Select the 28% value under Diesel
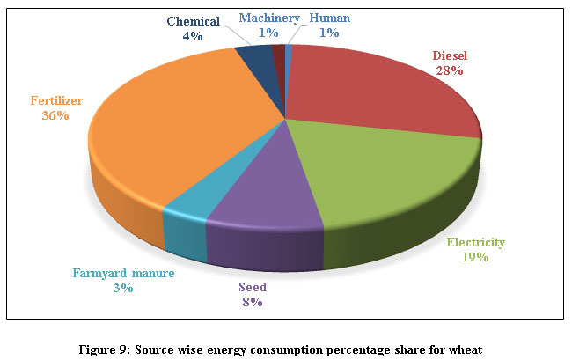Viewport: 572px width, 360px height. pyautogui.click(x=451, y=70)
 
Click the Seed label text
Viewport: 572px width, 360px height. pyautogui.click(x=251, y=288)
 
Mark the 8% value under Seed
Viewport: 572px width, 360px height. pyautogui.click(x=251, y=302)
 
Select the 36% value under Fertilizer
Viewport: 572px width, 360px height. pyautogui.click(x=55, y=114)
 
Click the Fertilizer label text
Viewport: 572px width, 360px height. pyautogui.click(x=55, y=100)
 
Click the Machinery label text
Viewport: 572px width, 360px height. pyautogui.click(x=263, y=17)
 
